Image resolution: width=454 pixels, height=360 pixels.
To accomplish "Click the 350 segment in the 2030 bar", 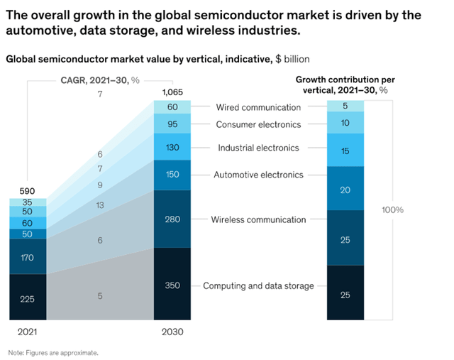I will (172, 285).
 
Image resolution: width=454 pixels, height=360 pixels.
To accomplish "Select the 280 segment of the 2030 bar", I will (172, 219).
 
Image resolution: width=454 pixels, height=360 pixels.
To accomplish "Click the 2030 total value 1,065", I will (172, 92).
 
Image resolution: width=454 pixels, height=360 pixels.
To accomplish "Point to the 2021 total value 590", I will (26, 191).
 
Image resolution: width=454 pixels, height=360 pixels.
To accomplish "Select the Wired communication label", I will (258, 107).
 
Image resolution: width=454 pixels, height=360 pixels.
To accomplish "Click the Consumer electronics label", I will (258, 125).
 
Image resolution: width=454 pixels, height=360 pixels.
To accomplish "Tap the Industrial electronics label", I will (258, 148).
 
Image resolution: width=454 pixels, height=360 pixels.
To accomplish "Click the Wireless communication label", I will (258, 219).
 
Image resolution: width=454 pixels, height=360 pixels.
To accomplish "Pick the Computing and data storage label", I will (258, 285).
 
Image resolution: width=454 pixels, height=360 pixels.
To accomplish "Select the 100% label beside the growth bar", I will (392, 210).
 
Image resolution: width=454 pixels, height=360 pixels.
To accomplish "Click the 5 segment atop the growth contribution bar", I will (345, 107).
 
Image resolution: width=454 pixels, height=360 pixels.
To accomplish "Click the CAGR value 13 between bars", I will (100, 205).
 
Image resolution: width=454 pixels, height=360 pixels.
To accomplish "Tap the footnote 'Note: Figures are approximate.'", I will (53, 352).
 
